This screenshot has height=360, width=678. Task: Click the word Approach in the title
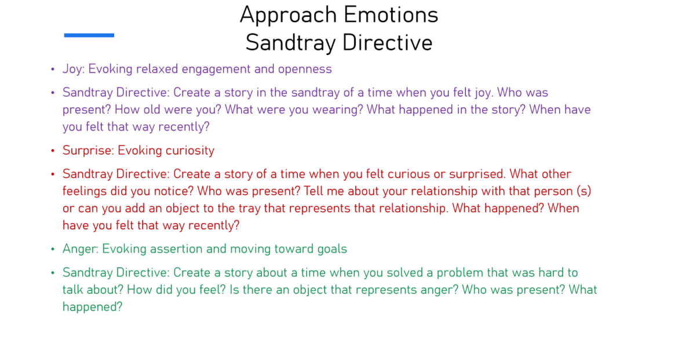pyautogui.click(x=289, y=16)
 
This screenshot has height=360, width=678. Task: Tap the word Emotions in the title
pyautogui.click(x=391, y=14)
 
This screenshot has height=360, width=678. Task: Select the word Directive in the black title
pyautogui.click(x=388, y=42)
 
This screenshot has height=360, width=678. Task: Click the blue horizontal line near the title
pyautogui.click(x=89, y=35)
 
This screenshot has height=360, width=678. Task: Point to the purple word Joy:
pyautogui.click(x=74, y=69)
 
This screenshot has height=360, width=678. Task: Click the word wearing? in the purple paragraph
pyautogui.click(x=337, y=110)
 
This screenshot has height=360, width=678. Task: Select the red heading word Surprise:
pyautogui.click(x=88, y=151)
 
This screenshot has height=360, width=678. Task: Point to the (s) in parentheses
pyautogui.click(x=584, y=191)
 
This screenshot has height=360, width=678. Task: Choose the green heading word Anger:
pyautogui.click(x=81, y=249)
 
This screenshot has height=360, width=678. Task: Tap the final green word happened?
pyautogui.click(x=93, y=307)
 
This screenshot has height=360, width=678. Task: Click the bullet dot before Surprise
pyautogui.click(x=53, y=151)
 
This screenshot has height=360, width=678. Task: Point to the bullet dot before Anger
pyautogui.click(x=53, y=250)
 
